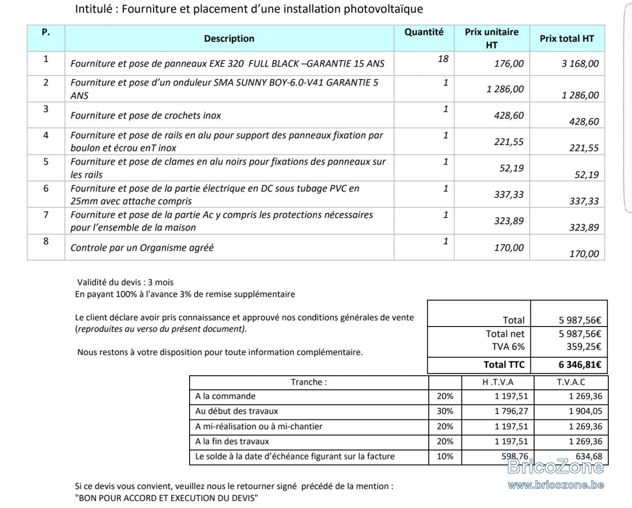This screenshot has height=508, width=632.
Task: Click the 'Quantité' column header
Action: (x=424, y=32)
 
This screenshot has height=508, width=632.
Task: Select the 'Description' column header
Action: (x=229, y=39)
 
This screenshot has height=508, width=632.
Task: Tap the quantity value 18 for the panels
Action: (x=443, y=59)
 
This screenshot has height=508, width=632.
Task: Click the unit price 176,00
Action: (x=509, y=64)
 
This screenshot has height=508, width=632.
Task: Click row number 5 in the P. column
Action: (x=46, y=161)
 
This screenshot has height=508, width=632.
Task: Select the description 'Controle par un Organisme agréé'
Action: (x=142, y=247)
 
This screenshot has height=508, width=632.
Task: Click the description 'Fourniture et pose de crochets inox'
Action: (x=146, y=116)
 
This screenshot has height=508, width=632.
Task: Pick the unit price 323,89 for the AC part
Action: (x=509, y=221)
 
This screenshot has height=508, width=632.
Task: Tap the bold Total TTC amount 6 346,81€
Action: (x=580, y=365)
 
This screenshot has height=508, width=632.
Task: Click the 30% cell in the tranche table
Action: (x=445, y=411)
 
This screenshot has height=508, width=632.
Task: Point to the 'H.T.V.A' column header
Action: (x=497, y=382)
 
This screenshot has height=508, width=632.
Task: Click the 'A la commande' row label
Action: (x=225, y=396)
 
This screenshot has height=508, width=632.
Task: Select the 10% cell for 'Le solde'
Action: (x=445, y=456)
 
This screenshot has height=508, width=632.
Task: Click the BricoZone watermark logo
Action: (x=556, y=467)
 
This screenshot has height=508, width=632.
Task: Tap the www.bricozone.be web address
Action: (x=556, y=485)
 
